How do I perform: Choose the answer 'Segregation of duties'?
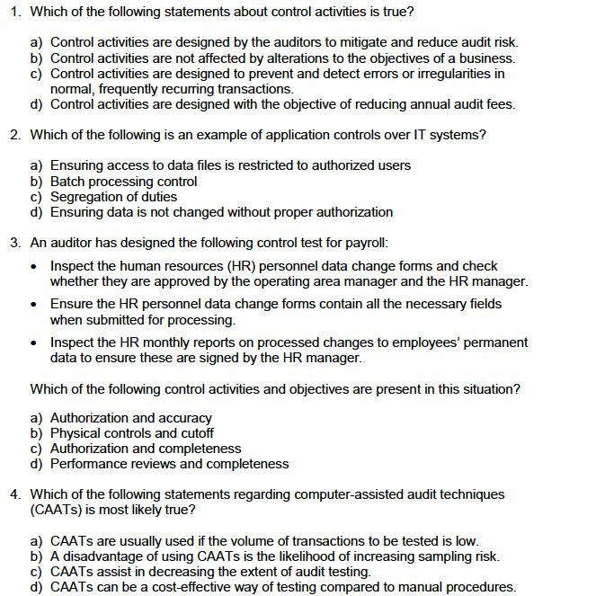113,196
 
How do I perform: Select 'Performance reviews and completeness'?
169,464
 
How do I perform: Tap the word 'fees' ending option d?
499,104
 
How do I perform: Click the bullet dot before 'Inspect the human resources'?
34,267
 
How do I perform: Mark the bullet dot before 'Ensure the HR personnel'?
34,305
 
